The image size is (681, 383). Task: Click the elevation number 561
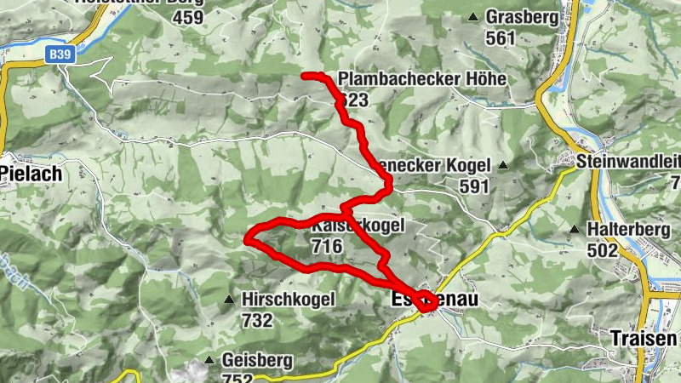[x=501, y=37]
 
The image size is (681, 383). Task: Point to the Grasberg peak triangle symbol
[x=473, y=17]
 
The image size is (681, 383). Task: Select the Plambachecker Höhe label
[x=422, y=79]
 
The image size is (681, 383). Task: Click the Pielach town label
[x=31, y=173]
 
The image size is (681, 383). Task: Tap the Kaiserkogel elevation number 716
[x=327, y=247]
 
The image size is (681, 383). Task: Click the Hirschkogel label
[x=289, y=300]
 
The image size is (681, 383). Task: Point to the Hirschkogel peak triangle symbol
[x=228, y=300]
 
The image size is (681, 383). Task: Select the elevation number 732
[x=257, y=321]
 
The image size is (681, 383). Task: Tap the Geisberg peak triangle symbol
[x=209, y=359]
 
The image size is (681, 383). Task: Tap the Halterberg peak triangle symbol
[x=576, y=230]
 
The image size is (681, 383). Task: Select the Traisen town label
[x=638, y=337]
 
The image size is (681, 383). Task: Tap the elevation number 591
[x=474, y=186]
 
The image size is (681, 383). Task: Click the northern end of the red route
[x=305, y=77]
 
